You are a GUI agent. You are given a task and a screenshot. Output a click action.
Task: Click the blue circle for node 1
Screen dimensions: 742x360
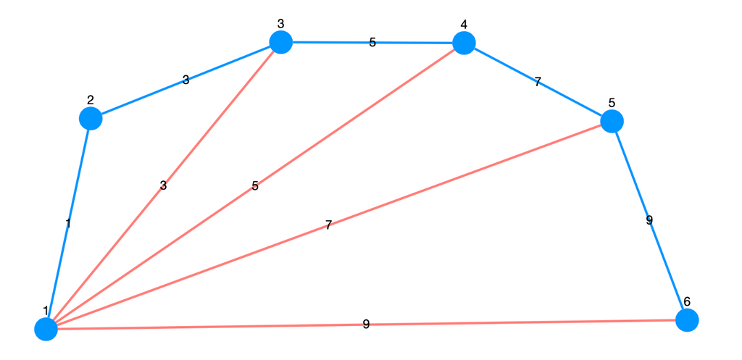(x=46, y=329)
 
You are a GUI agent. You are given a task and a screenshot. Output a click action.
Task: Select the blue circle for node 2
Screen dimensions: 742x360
(x=91, y=118)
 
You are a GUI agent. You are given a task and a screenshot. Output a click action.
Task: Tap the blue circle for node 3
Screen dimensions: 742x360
(x=280, y=42)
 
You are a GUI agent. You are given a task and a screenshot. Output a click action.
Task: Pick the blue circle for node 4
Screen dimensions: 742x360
(x=464, y=43)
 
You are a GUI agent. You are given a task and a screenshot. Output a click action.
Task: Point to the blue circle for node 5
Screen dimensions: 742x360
(x=612, y=121)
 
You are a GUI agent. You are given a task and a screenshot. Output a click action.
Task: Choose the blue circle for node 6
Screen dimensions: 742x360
(x=687, y=320)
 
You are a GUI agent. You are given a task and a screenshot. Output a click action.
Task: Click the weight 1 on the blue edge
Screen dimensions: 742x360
(x=68, y=223)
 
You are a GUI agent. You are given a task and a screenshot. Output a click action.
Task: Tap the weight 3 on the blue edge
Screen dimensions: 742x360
(x=185, y=80)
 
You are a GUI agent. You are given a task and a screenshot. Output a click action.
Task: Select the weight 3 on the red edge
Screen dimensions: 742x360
(x=163, y=185)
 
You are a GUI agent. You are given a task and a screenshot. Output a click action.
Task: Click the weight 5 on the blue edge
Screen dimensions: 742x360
(x=372, y=43)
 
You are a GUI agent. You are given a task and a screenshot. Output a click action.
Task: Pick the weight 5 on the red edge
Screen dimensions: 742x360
(x=255, y=186)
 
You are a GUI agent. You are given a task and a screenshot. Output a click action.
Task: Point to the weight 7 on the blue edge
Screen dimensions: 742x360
(x=538, y=82)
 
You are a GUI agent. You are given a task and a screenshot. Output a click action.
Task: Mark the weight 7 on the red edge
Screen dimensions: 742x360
(x=328, y=225)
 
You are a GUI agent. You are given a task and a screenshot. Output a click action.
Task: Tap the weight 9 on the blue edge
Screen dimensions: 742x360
(x=649, y=220)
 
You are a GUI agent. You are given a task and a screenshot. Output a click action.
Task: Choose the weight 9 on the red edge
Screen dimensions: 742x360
(x=366, y=324)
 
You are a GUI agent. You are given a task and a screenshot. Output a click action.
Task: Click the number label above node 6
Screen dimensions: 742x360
(x=687, y=301)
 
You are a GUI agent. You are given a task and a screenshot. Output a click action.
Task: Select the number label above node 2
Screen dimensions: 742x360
(x=91, y=100)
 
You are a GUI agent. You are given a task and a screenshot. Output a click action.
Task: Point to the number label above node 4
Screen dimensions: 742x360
(x=464, y=24)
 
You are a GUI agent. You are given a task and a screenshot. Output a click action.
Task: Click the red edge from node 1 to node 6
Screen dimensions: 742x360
(x=366, y=325)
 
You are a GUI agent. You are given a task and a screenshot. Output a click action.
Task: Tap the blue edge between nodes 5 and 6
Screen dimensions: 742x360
(x=649, y=220)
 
